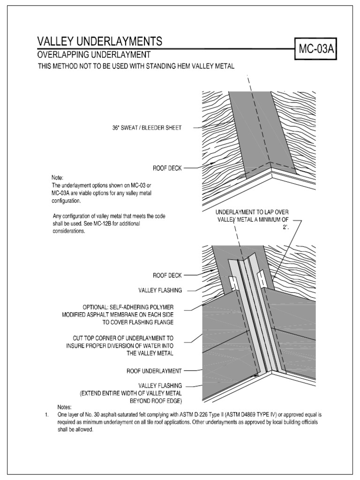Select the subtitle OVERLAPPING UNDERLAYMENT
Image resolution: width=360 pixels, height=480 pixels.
pyautogui.click(x=94, y=56)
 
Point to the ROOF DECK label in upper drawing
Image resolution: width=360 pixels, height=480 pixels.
pyautogui.click(x=166, y=167)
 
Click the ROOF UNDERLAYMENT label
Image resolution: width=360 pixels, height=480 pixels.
pyautogui.click(x=154, y=371)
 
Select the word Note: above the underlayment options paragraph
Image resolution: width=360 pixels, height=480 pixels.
pyautogui.click(x=57, y=178)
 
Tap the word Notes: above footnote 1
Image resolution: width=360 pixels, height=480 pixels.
pyautogui.click(x=66, y=407)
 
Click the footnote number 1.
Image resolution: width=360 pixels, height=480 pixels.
pyautogui.click(x=46, y=415)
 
